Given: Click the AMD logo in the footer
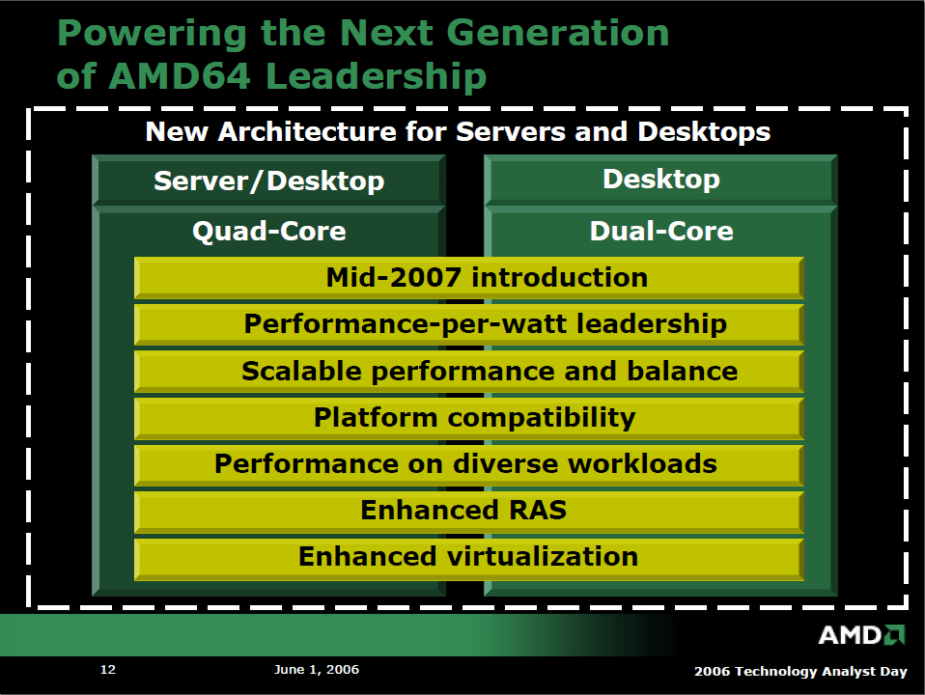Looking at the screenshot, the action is click(861, 635).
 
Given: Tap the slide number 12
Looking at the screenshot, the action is click(108, 669).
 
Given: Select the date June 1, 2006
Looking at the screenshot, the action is click(316, 670).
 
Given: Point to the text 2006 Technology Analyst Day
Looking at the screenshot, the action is click(800, 672).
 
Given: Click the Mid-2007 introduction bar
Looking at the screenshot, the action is click(469, 277).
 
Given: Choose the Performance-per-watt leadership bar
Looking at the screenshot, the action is click(469, 324).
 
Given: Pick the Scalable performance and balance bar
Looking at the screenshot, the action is click(469, 371).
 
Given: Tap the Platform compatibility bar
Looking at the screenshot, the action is click(469, 418).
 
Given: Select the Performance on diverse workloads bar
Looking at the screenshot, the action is click(469, 464).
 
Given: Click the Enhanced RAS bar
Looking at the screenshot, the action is click(469, 511).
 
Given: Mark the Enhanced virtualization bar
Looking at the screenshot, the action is click(469, 558).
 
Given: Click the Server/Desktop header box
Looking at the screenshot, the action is click(269, 180).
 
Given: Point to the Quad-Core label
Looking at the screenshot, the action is click(269, 231).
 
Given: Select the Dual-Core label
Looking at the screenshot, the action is click(661, 231).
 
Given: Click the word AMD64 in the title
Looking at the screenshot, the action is click(180, 76).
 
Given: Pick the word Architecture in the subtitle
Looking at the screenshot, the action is click(307, 131).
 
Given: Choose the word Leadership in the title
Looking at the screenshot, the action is click(377, 77).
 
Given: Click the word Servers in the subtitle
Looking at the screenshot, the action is click(511, 131).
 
